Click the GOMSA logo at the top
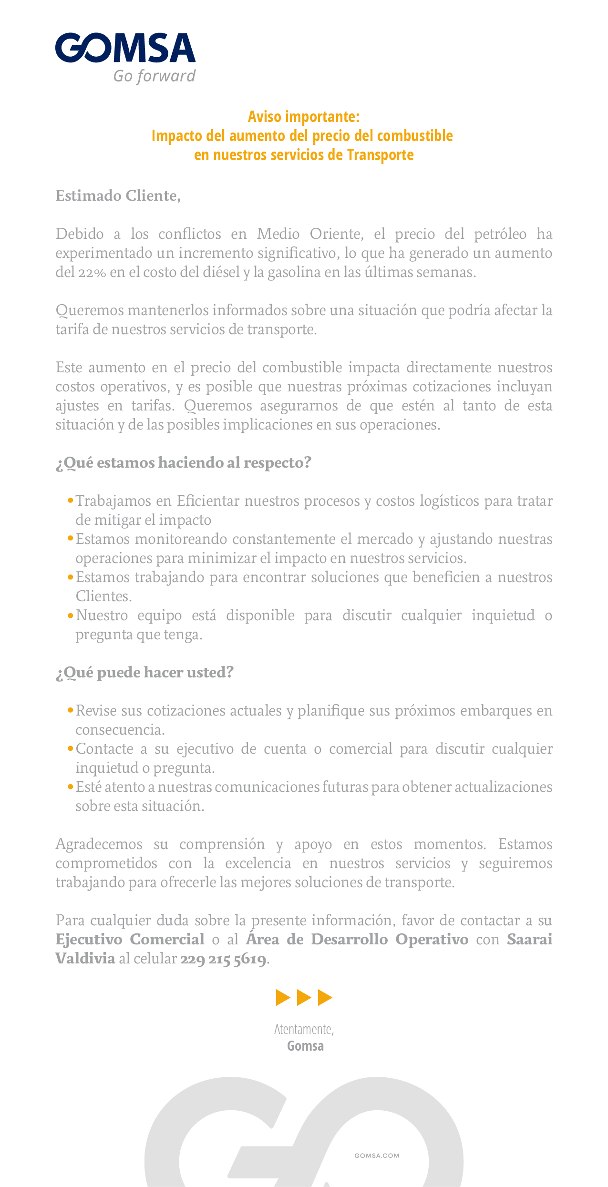(x=125, y=48)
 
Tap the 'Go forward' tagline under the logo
(x=154, y=76)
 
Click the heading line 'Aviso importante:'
(x=304, y=117)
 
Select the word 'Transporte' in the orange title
(x=380, y=155)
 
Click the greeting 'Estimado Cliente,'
(x=118, y=196)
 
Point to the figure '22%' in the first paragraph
(x=92, y=273)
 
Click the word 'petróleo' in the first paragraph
(x=500, y=234)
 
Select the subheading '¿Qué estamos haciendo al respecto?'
(x=184, y=463)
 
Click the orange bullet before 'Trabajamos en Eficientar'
(x=71, y=500)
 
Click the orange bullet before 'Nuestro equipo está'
(x=71, y=614)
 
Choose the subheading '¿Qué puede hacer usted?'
(x=145, y=673)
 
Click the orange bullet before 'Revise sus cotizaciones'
(x=71, y=710)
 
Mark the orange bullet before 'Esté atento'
(x=71, y=786)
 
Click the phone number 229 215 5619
(x=223, y=959)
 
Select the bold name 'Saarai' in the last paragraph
(x=529, y=940)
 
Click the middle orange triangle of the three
(x=304, y=997)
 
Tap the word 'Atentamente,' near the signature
(x=304, y=1029)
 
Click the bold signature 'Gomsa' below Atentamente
(x=305, y=1046)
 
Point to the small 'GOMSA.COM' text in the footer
(x=377, y=1156)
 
